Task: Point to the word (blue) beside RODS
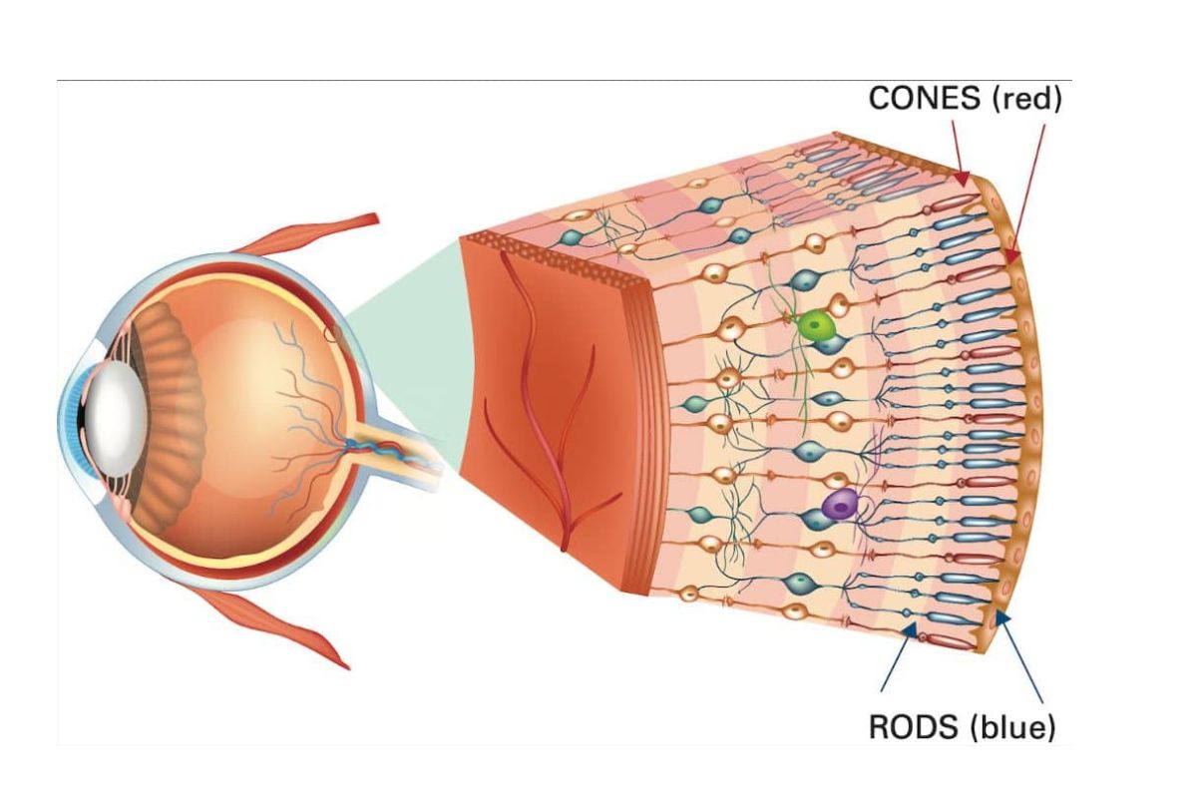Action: [1012, 726]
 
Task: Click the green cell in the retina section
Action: [817, 325]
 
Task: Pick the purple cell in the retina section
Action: [840, 505]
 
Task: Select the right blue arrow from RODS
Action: [1019, 658]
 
